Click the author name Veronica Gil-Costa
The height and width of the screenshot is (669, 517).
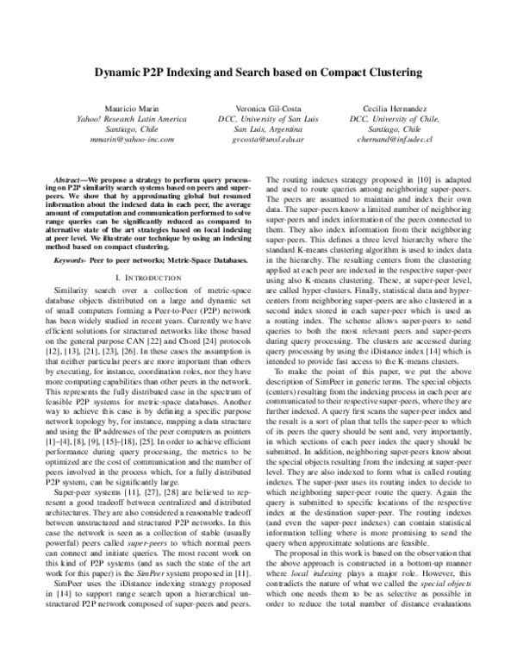click(257, 106)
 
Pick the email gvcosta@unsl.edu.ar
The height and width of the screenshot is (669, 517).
click(257, 137)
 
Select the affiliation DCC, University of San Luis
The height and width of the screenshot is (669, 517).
click(257, 116)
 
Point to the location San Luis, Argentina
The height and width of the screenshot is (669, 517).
click(257, 127)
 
